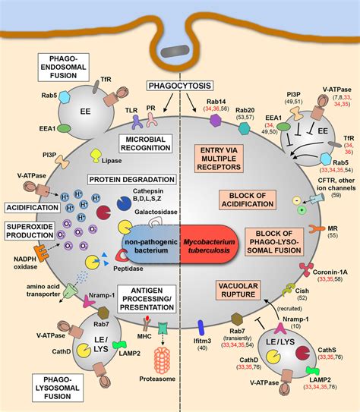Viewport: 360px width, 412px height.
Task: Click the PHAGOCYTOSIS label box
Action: pos(180,86)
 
